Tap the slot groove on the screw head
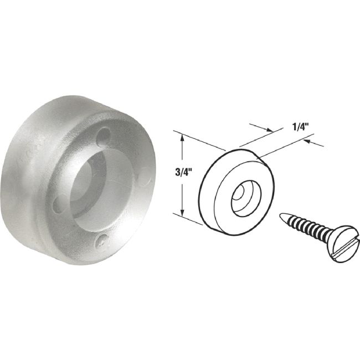(x=344, y=245)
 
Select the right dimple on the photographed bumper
(x=145, y=180)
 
